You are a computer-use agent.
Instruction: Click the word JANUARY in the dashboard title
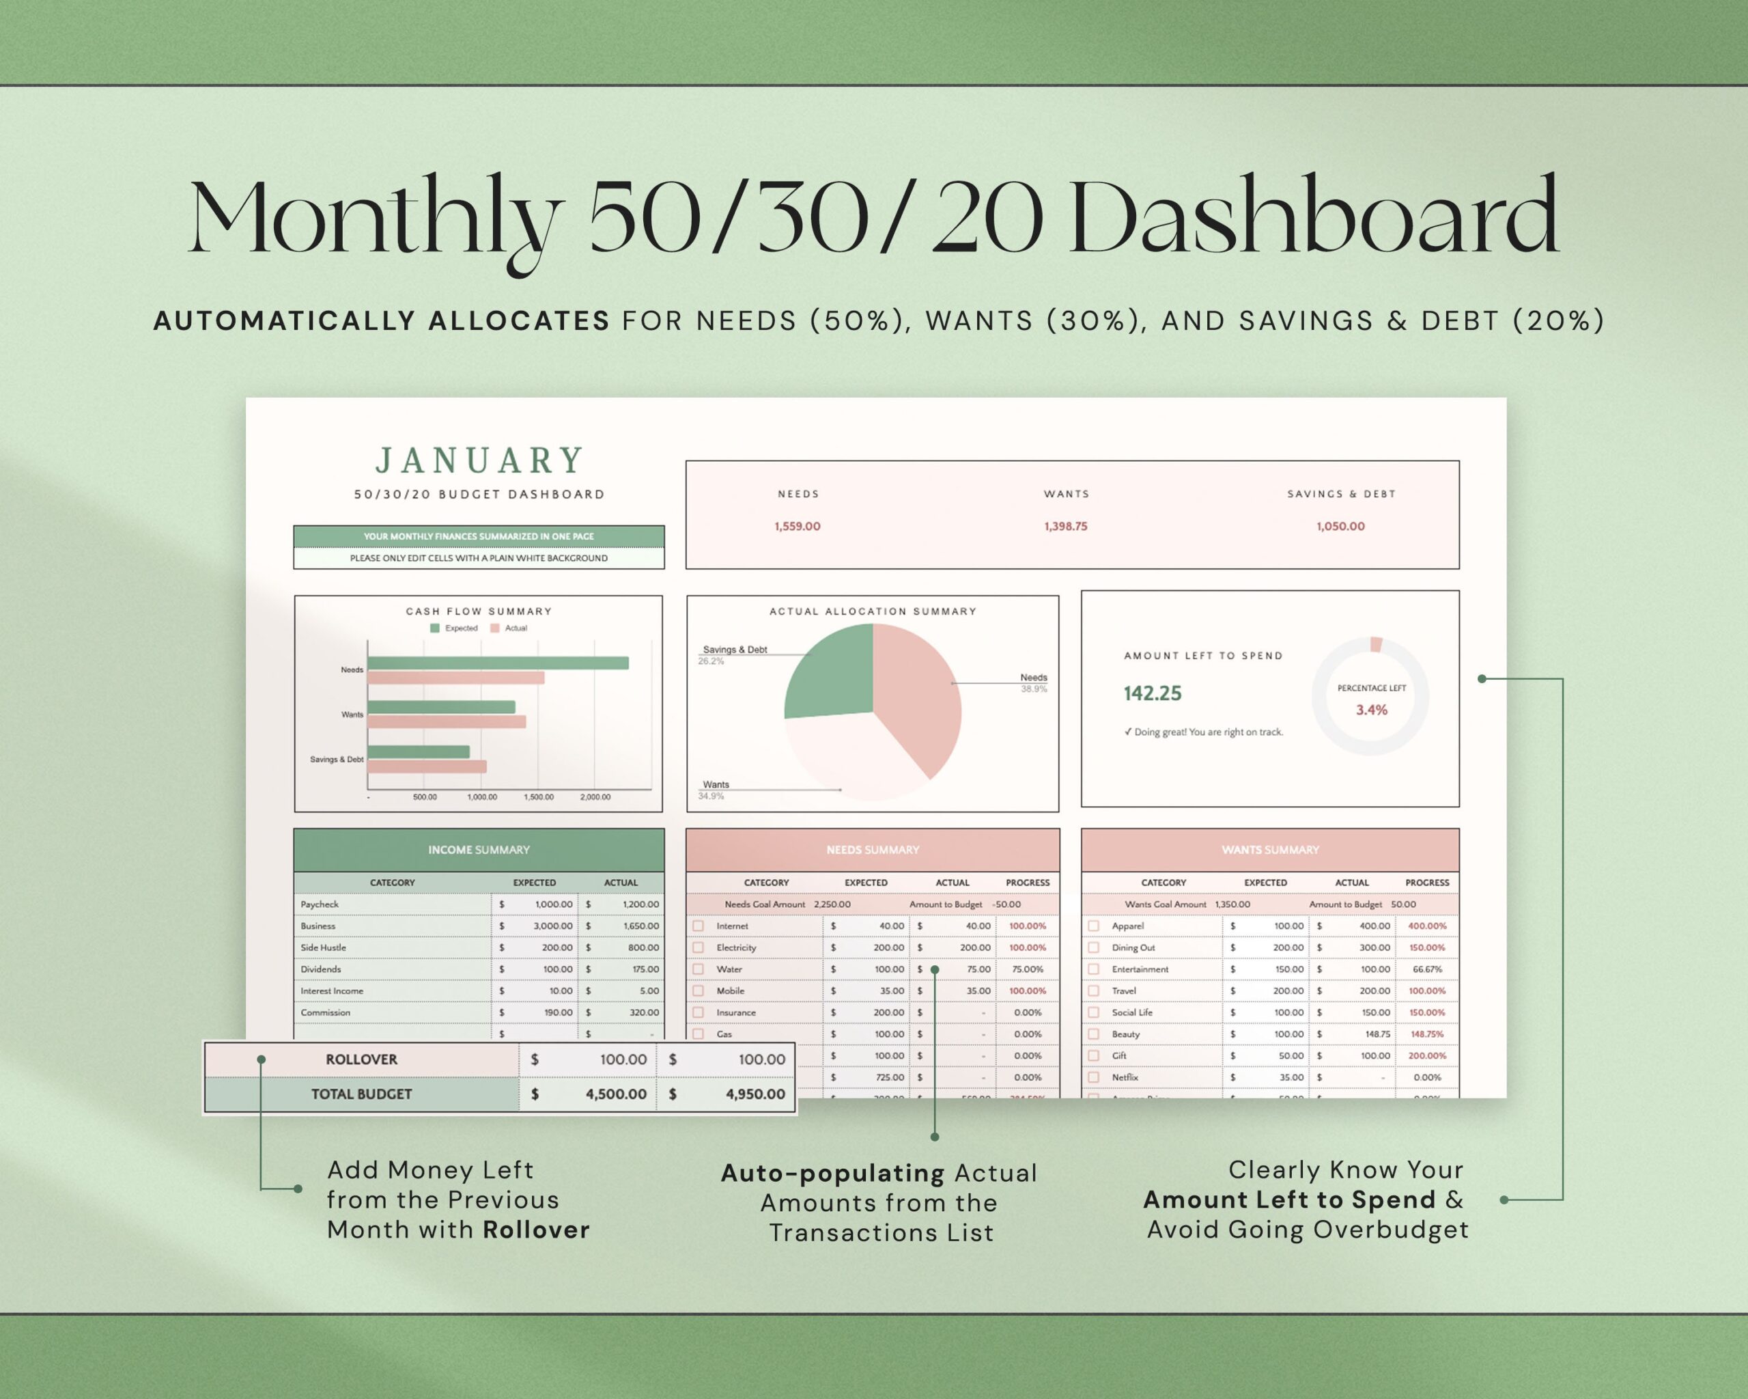point(479,460)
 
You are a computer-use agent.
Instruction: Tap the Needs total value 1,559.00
point(797,527)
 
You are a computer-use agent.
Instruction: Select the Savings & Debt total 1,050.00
point(1340,527)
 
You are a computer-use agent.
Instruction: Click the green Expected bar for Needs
point(498,663)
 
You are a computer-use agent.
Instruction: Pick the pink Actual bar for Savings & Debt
point(427,766)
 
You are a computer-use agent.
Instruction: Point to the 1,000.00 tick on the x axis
point(481,797)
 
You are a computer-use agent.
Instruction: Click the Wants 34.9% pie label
point(714,790)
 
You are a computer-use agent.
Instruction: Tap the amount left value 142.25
point(1152,693)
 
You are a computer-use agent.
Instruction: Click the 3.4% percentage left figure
point(1371,710)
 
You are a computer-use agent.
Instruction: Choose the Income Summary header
point(479,850)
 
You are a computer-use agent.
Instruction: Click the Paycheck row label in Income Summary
point(320,904)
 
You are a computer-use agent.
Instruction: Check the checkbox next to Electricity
point(698,947)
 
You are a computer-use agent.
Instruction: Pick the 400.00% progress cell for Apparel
point(1426,926)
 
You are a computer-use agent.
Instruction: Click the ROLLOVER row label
point(362,1059)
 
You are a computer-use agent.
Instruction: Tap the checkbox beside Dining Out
point(1094,947)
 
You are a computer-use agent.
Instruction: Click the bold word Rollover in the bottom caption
point(536,1230)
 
